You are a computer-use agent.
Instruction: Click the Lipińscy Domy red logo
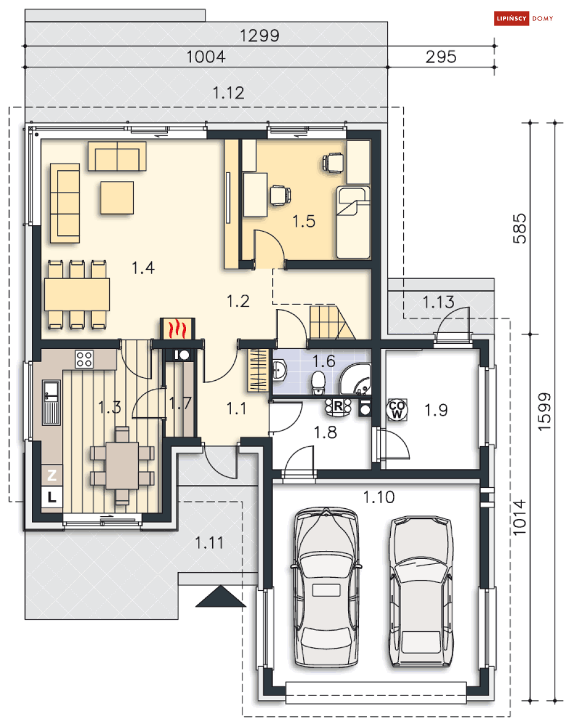(x=524, y=19)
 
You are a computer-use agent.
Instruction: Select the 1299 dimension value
(x=259, y=36)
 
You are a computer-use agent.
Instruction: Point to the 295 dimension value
(x=441, y=57)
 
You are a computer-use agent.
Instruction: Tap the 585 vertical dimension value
(x=519, y=229)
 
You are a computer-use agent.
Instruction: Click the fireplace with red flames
(x=177, y=328)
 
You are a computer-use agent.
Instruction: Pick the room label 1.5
(x=304, y=221)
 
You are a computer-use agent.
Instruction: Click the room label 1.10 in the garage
(x=378, y=497)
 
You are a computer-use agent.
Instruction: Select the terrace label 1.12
(x=229, y=93)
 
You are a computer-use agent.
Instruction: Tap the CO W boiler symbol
(x=397, y=409)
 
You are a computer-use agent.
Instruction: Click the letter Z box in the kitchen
(x=52, y=475)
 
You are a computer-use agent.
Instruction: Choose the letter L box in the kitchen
(x=52, y=497)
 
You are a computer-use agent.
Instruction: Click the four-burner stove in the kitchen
(x=84, y=359)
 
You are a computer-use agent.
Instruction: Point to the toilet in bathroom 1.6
(x=319, y=383)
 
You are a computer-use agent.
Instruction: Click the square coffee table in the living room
(x=117, y=198)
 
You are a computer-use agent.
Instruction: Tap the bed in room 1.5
(x=353, y=223)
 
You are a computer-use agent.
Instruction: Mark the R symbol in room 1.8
(x=338, y=406)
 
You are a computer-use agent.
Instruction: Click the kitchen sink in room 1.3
(x=51, y=403)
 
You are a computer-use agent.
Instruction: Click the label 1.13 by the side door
(x=438, y=302)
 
